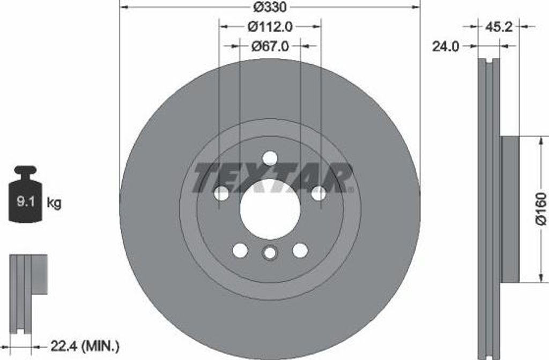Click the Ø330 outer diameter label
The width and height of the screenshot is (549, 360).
[270, 7]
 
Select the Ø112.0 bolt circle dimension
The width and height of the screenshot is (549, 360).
[270, 27]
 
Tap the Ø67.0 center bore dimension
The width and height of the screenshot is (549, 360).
[270, 46]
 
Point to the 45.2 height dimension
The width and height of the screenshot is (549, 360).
[499, 27]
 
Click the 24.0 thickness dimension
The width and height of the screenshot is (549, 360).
[446, 46]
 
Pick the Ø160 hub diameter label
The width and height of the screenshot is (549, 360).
[541, 208]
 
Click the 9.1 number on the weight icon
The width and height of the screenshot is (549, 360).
[25, 201]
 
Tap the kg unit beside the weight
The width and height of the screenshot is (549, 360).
[54, 202]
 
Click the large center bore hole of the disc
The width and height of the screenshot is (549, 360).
[270, 209]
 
